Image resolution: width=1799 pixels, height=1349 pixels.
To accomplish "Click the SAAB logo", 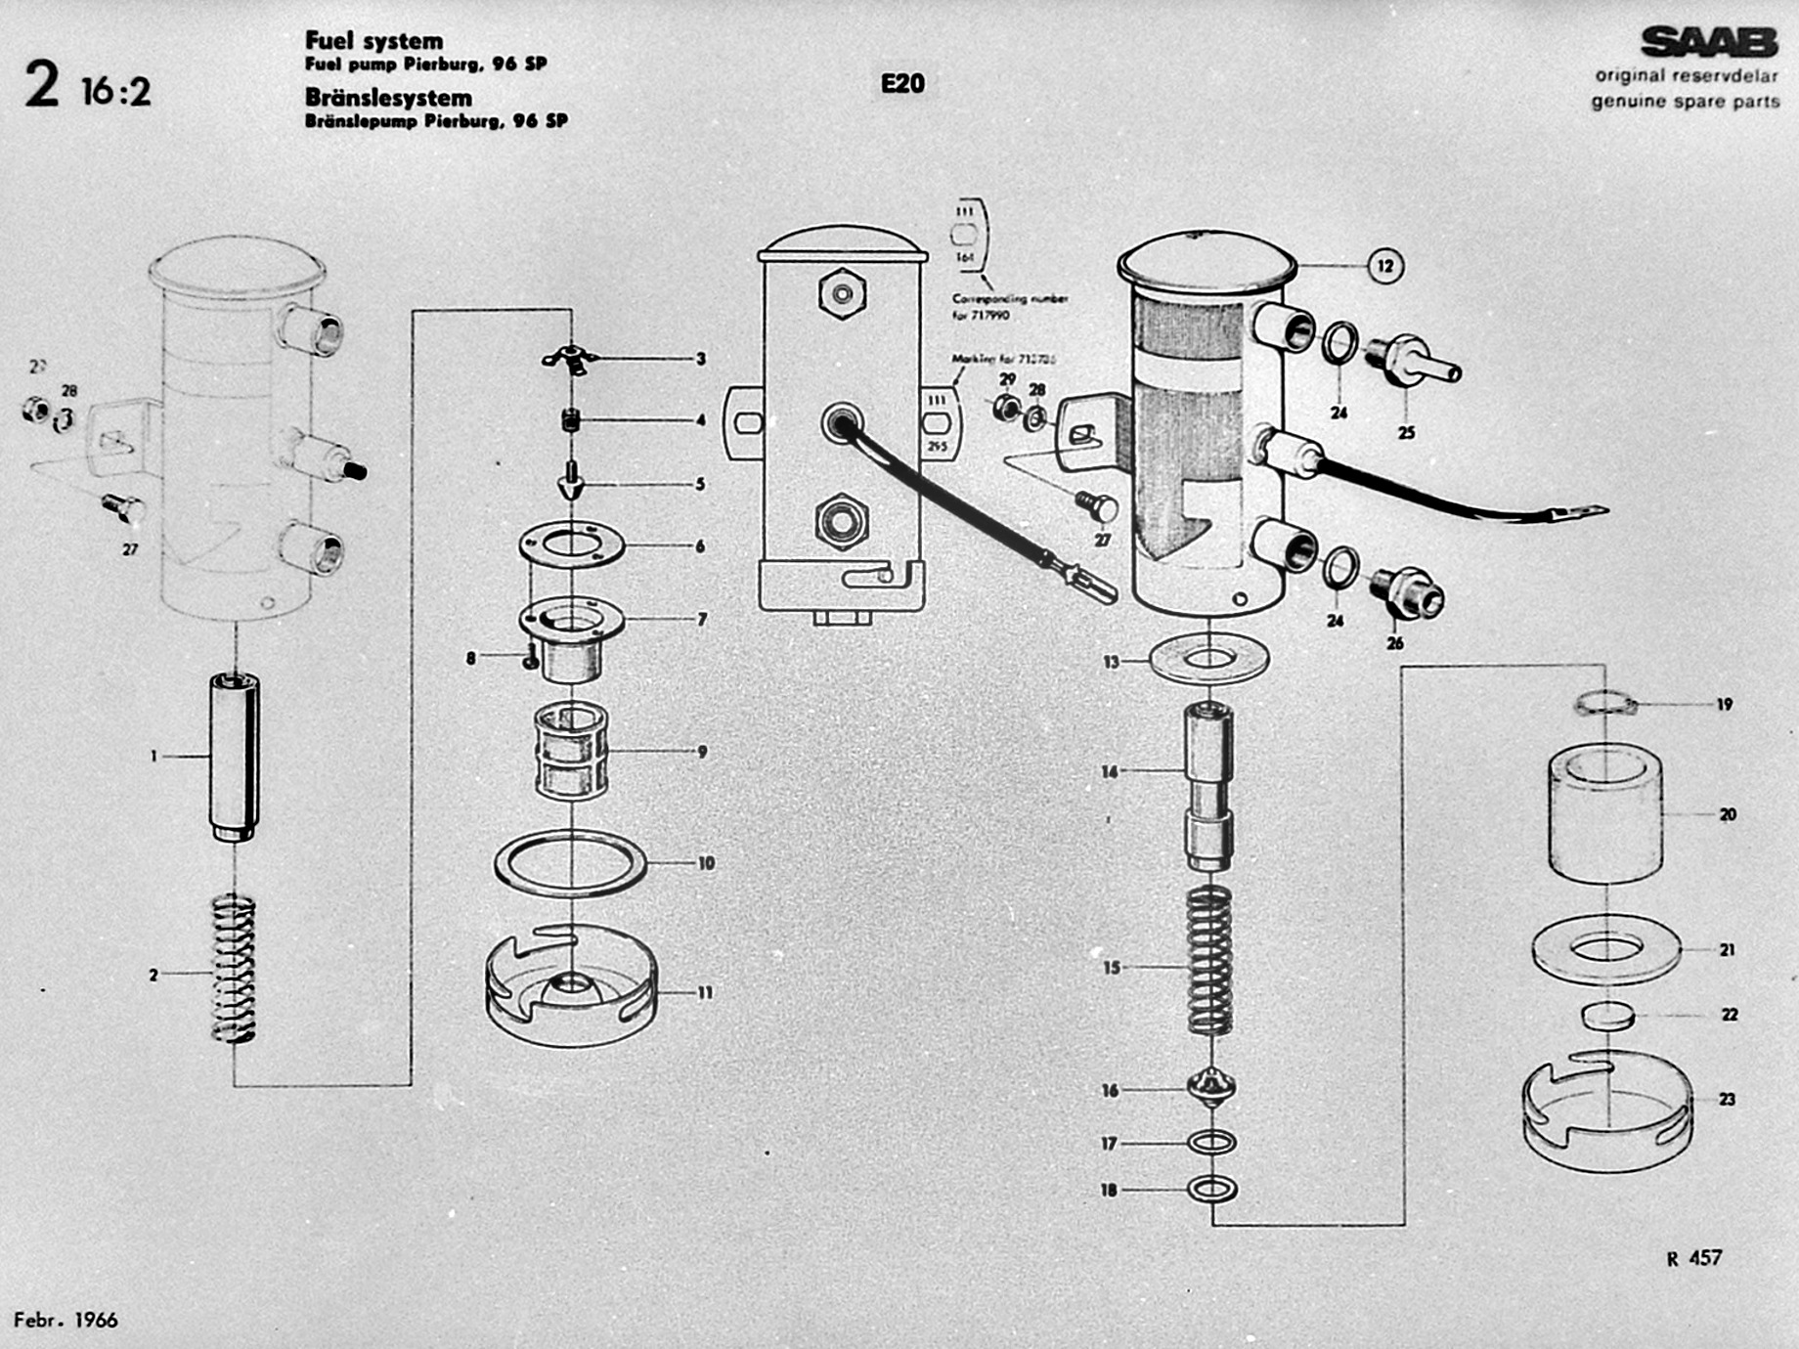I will pyautogui.click(x=1708, y=43).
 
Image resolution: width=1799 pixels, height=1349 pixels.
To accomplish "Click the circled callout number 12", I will pyautogui.click(x=1384, y=266).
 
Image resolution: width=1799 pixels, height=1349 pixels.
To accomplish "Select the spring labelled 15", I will pyautogui.click(x=1209, y=960).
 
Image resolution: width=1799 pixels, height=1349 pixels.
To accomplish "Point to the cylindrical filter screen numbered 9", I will pyautogui.click(x=572, y=751).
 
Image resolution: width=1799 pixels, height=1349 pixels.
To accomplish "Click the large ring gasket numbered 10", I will pyautogui.click(x=571, y=863).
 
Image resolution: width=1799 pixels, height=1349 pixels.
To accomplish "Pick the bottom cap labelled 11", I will pyautogui.click(x=572, y=987).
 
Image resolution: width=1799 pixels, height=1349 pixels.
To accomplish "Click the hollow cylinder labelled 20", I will pyautogui.click(x=1605, y=813).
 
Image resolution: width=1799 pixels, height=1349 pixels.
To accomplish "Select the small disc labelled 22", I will pyautogui.click(x=1607, y=1016).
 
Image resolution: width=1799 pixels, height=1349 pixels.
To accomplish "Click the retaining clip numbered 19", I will pyautogui.click(x=1605, y=703).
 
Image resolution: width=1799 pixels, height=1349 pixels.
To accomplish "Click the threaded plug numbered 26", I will pyautogui.click(x=1408, y=592).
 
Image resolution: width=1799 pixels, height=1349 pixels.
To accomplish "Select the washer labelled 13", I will pyautogui.click(x=1209, y=661).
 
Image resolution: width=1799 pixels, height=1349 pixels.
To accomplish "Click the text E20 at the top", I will pyautogui.click(x=901, y=83).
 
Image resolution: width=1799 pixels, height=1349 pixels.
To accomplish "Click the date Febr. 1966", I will pyautogui.click(x=66, y=1320).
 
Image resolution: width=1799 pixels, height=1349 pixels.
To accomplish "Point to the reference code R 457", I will pyautogui.click(x=1694, y=1258).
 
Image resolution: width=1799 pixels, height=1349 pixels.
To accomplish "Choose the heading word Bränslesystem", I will pyautogui.click(x=388, y=98).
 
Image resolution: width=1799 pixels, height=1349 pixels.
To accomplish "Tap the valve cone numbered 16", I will pyautogui.click(x=1211, y=1087).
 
